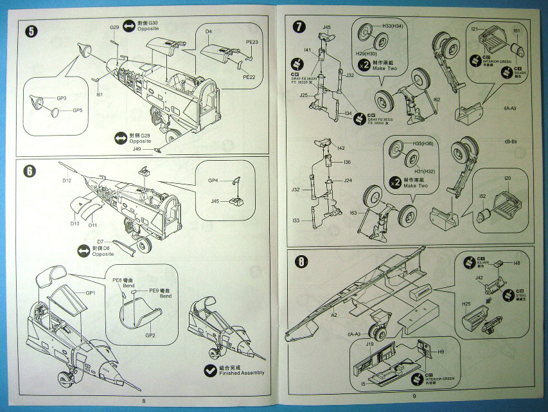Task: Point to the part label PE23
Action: click(252, 42)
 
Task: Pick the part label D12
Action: click(67, 181)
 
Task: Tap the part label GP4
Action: click(214, 180)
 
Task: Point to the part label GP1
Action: click(90, 293)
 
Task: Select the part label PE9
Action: click(155, 290)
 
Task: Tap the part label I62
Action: click(437, 100)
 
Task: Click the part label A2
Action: click(334, 315)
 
